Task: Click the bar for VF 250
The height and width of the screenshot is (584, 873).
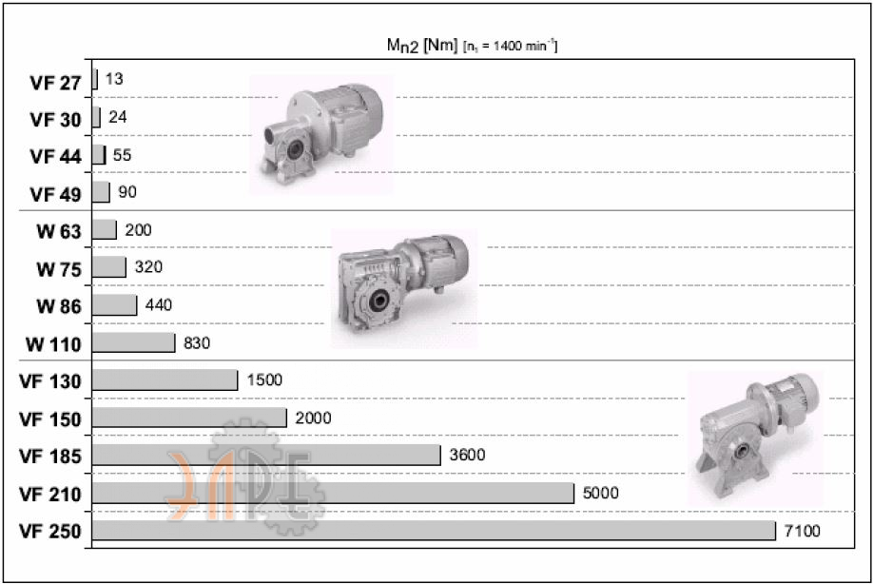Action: point(434,531)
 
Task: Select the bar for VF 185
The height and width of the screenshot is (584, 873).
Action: point(266,455)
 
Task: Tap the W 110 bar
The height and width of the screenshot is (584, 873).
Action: point(134,342)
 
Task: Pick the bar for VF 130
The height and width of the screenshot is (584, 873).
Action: point(165,380)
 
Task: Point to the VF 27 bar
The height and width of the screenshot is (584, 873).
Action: point(95,79)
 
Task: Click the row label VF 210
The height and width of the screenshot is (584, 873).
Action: point(50,494)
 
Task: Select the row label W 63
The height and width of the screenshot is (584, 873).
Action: point(58,231)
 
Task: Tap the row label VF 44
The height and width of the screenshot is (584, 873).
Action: point(55,156)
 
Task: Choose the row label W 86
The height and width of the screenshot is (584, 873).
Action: point(58,306)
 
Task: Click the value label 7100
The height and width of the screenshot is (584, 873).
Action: point(803,531)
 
